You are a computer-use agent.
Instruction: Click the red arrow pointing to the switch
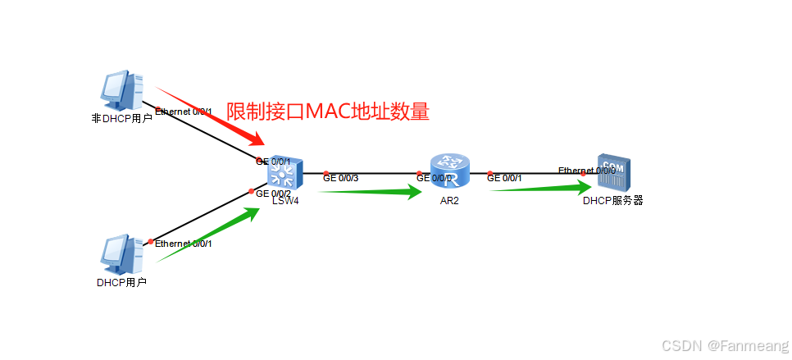click(209, 115)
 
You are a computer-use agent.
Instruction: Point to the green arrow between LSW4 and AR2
click(368, 193)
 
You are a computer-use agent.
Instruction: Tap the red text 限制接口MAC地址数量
click(328, 112)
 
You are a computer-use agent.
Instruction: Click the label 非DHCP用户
click(121, 118)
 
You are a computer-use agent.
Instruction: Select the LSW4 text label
click(285, 200)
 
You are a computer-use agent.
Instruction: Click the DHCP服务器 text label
click(612, 200)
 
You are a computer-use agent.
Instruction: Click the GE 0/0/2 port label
click(274, 194)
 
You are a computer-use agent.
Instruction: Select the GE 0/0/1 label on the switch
click(274, 162)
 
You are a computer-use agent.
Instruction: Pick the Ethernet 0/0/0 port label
click(586, 171)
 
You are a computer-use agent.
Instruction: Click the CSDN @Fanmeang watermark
click(725, 346)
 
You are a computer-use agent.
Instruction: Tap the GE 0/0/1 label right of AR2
click(504, 178)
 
